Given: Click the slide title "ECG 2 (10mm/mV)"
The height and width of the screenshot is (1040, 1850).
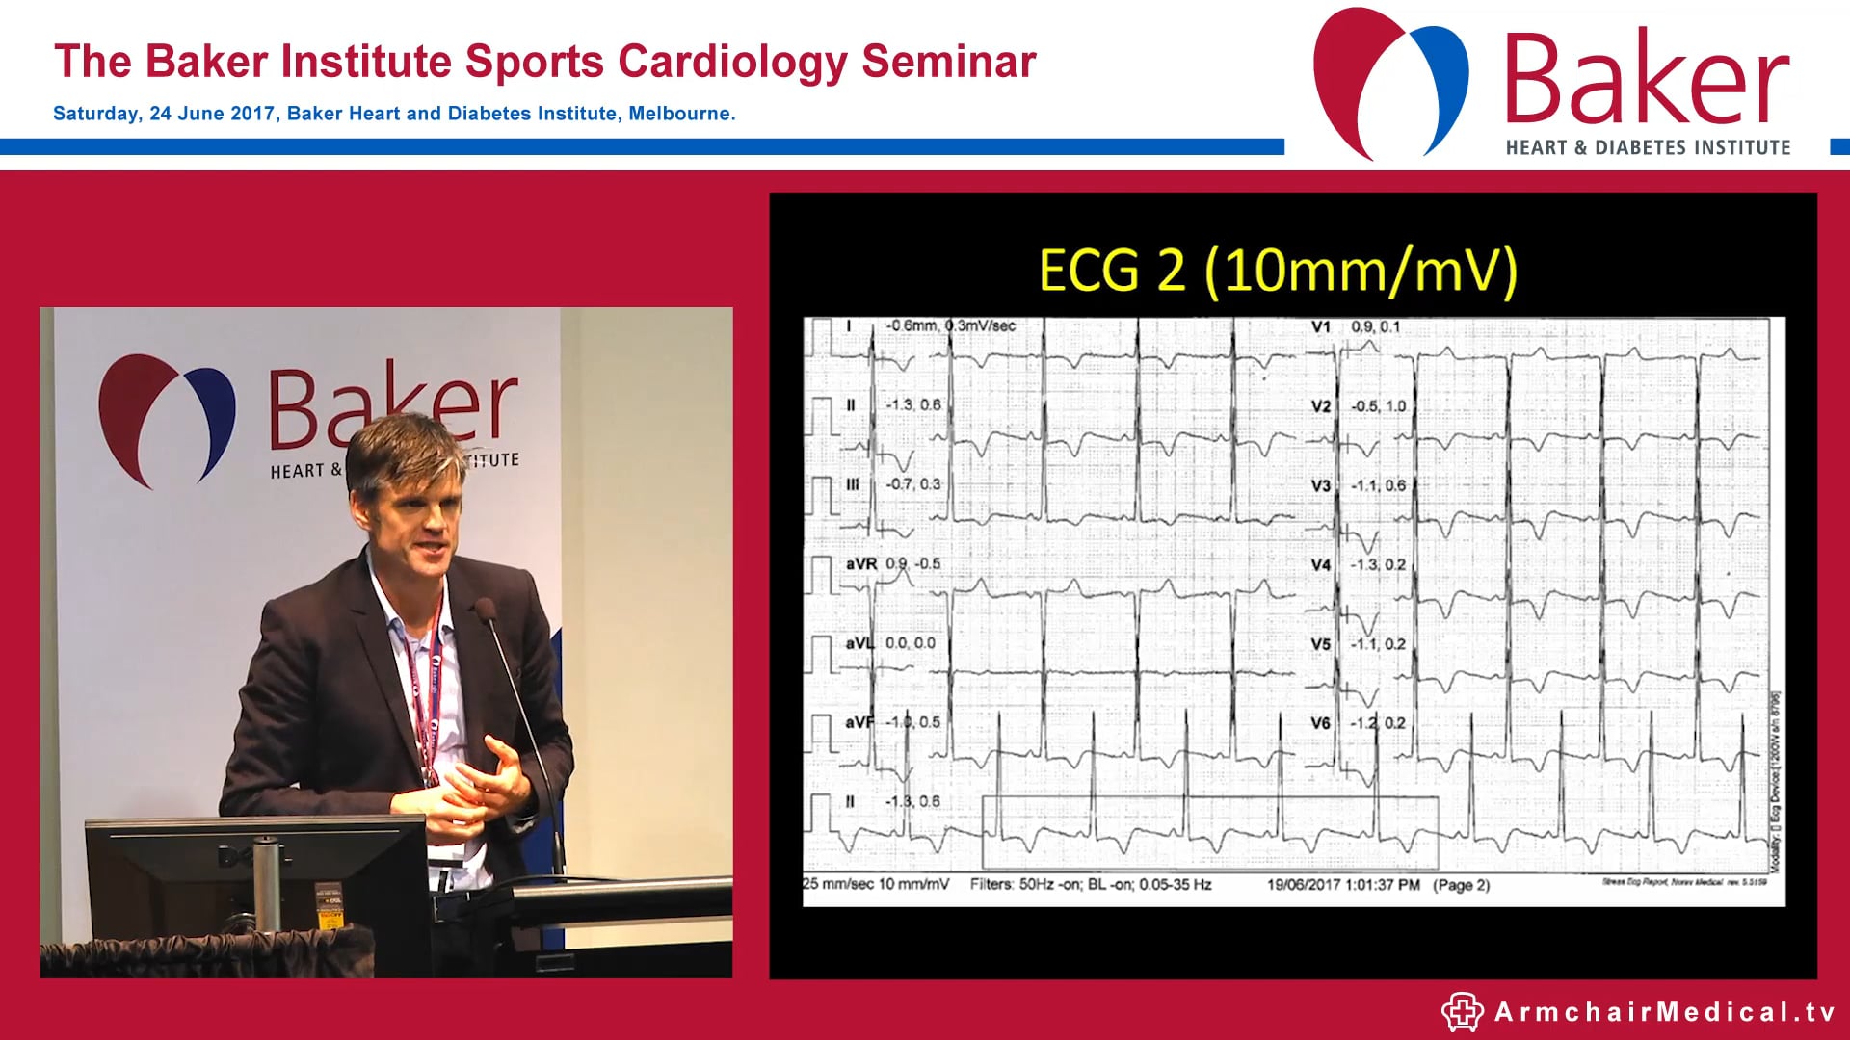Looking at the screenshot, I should pyautogui.click(x=1278, y=270).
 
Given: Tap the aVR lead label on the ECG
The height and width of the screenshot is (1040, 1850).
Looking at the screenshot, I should pyautogui.click(x=860, y=564).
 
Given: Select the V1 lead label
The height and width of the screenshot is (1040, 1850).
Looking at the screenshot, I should pyautogui.click(x=1320, y=327).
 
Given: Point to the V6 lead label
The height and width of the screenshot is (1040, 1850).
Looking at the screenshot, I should pyautogui.click(x=1320, y=723).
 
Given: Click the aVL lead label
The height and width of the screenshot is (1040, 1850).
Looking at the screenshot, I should pyautogui.click(x=859, y=643).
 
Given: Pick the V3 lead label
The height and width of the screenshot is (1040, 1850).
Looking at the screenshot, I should pyautogui.click(x=1320, y=485).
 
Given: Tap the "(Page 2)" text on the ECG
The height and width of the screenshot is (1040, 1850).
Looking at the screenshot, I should pyautogui.click(x=1461, y=885).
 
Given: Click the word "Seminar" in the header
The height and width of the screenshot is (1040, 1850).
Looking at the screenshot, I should pyautogui.click(x=948, y=62).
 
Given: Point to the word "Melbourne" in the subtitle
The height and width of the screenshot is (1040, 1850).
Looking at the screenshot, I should pyautogui.click(x=679, y=114).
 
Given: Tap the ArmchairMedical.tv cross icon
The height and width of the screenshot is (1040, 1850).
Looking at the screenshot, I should pyautogui.click(x=1462, y=1012).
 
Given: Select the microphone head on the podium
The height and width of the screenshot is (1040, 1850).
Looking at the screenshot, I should pyautogui.click(x=485, y=610).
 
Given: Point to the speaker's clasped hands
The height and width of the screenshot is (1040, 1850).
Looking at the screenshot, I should pyautogui.click(x=482, y=790).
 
